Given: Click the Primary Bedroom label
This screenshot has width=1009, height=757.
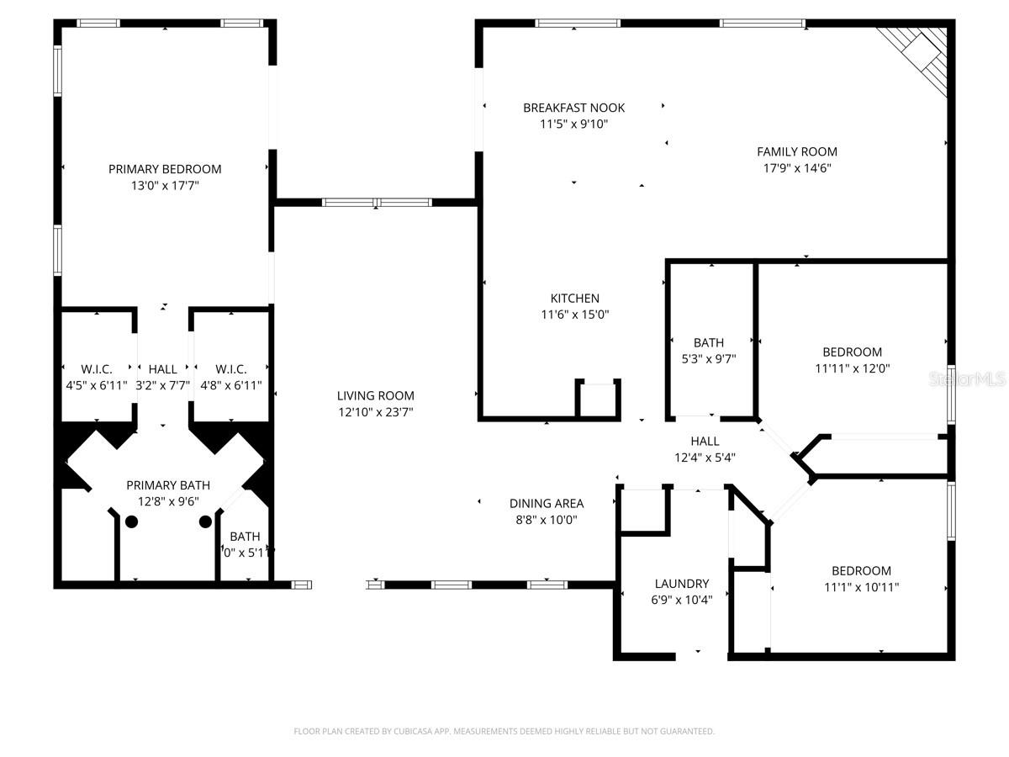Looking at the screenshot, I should point(165,169).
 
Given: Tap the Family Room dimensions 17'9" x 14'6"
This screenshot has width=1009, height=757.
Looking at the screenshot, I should point(796,167).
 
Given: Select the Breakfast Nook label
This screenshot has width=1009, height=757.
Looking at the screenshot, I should point(573,108).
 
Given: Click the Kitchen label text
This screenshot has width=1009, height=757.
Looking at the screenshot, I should point(574,299).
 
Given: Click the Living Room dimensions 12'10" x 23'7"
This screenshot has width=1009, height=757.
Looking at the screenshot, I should point(375,412).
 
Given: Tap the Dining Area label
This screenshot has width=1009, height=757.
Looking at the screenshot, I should point(546,504).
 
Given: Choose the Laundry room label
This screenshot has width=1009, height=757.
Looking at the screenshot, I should point(681,584).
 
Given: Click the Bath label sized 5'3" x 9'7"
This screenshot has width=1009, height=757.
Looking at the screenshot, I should point(708,343).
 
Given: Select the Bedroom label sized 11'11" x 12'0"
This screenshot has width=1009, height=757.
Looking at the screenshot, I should point(852,352).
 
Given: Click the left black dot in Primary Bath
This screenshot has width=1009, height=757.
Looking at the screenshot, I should point(131,521).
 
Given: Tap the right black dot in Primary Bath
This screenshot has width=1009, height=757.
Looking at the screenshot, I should point(205,521).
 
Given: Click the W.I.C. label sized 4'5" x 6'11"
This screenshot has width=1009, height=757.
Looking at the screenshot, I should point(96,369).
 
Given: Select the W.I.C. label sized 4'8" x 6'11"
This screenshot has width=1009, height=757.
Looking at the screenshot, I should point(230,369).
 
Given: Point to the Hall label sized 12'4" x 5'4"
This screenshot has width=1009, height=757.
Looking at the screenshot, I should point(705,441).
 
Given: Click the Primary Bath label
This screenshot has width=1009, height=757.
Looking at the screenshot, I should point(168,485).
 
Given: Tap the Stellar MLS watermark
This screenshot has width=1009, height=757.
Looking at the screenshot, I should point(966,380).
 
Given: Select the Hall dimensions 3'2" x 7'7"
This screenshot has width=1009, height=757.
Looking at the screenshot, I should point(162,385).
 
